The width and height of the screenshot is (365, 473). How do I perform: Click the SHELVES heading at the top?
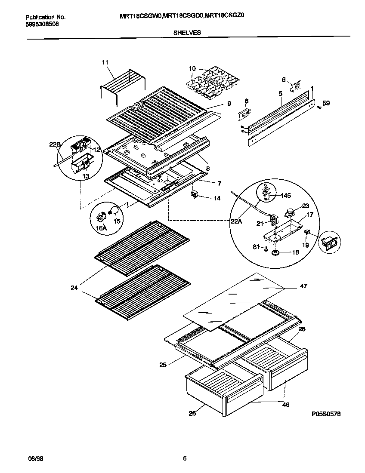187,32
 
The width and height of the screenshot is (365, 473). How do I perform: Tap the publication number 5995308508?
42,24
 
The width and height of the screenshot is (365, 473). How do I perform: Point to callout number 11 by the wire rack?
105,63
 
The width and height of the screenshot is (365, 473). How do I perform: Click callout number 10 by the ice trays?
192,68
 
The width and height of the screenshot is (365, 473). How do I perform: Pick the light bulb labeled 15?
113,210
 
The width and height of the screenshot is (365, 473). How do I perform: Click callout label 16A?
101,228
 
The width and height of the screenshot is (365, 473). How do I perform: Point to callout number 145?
285,195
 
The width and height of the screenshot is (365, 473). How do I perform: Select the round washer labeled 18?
275,252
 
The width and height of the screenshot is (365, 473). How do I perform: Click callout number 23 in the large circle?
305,206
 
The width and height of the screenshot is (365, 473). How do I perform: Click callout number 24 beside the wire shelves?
74,288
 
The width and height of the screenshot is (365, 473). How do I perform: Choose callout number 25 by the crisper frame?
163,365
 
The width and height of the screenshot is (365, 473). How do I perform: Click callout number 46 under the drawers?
286,404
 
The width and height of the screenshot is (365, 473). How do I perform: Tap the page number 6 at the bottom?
184,458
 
